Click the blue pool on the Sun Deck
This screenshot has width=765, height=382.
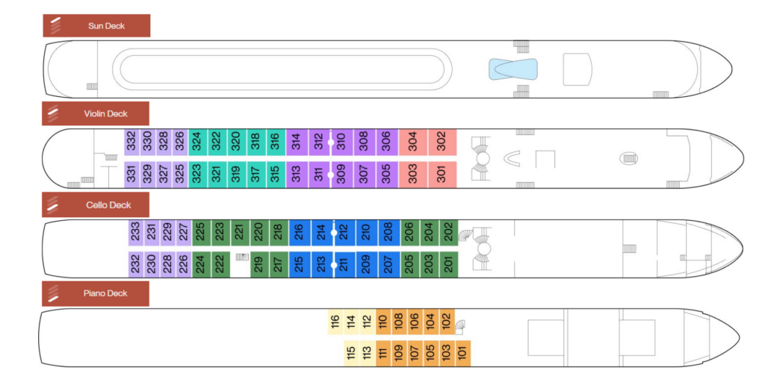(x=513, y=70)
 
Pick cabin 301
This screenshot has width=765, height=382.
(x=442, y=175)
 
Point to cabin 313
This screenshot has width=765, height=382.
(x=296, y=175)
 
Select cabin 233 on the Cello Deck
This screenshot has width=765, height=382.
(x=135, y=232)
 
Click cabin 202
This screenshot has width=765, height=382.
(x=448, y=232)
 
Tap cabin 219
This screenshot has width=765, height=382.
(x=258, y=264)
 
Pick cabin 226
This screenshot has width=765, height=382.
(x=183, y=264)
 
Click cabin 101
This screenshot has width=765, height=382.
(x=462, y=352)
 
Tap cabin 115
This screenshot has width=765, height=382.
(x=350, y=352)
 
